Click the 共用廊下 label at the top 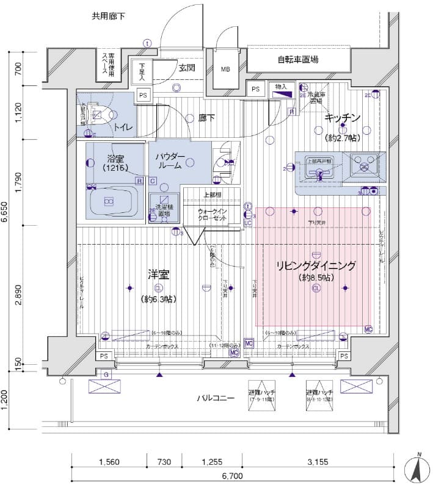tap(109, 16)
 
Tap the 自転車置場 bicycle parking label tap(297, 60)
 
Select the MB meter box tap(225, 69)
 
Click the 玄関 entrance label tap(187, 68)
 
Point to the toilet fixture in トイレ tap(97, 114)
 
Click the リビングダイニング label tap(316, 266)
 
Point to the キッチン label tap(343, 117)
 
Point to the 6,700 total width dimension tap(233, 475)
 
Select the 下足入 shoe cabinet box tap(142, 72)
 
